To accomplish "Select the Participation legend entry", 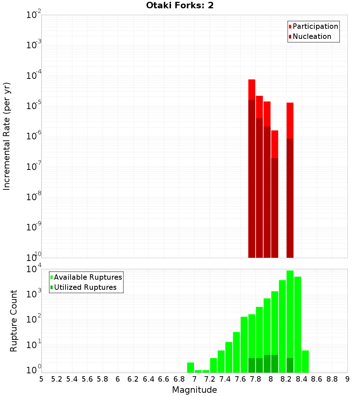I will (x=313, y=26).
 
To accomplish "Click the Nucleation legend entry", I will (x=310, y=36).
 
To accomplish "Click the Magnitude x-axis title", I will (x=194, y=390).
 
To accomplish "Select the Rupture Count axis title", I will (x=14, y=320).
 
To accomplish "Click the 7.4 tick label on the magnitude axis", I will (x=225, y=379).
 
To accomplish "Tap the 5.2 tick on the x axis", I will (x=57, y=379).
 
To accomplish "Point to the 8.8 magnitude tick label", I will (x=332, y=379).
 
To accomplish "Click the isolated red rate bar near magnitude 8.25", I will (x=290, y=180).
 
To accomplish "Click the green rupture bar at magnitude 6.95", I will (x=190, y=368).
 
